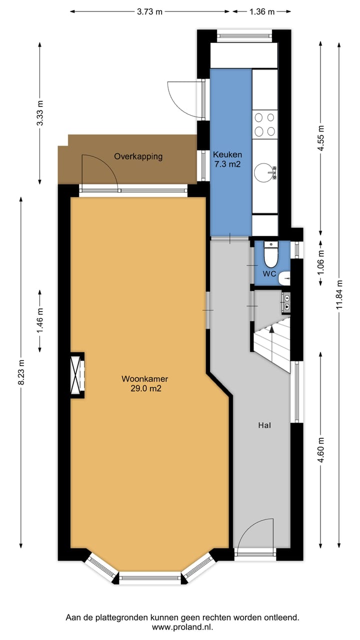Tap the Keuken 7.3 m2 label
(x=227, y=159)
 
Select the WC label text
(x=269, y=274)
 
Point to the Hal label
(x=264, y=425)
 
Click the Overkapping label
(x=138, y=156)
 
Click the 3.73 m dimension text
(x=149, y=12)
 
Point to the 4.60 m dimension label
(x=321, y=450)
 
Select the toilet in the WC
(x=270, y=255)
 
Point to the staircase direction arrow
(x=271, y=329)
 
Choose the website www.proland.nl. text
(x=182, y=627)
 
